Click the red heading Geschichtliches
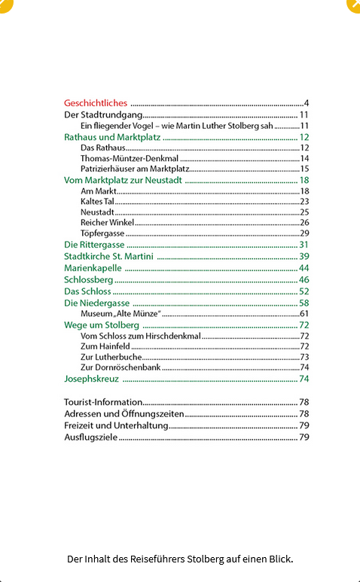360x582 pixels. [x=96, y=103]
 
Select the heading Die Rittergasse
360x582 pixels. [x=94, y=245]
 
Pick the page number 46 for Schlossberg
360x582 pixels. [x=304, y=279]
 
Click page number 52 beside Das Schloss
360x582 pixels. [x=304, y=291]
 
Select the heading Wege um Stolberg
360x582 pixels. [x=102, y=325]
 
